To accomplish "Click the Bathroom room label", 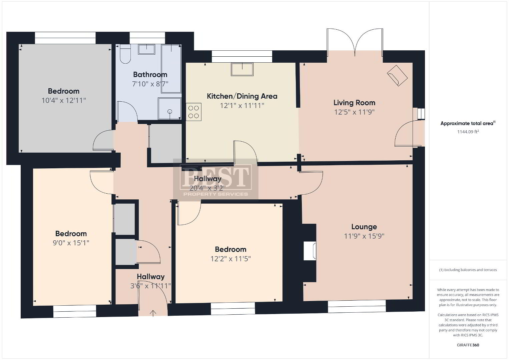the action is [x=150, y=74].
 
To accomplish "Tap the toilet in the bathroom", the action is [x=125, y=54].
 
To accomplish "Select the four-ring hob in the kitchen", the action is [x=193, y=112].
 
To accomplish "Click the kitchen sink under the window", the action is [x=242, y=69].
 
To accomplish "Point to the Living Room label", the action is [x=354, y=103].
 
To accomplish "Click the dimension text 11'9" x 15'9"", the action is [x=364, y=236].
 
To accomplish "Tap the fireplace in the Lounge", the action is [x=310, y=251].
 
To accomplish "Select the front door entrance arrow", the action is [x=153, y=313].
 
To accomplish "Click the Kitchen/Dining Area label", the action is [x=242, y=96].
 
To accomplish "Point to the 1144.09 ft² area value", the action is [x=468, y=132].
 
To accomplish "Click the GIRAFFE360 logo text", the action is [x=468, y=345].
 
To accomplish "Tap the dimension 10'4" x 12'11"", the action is [x=64, y=100].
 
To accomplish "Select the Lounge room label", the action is [x=364, y=227].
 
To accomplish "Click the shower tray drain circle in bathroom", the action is [x=170, y=112].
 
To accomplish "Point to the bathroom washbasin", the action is [x=146, y=49].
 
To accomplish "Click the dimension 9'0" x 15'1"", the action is [x=71, y=243].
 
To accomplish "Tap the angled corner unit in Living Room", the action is [x=398, y=75].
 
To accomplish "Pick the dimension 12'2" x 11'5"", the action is [x=230, y=259].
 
